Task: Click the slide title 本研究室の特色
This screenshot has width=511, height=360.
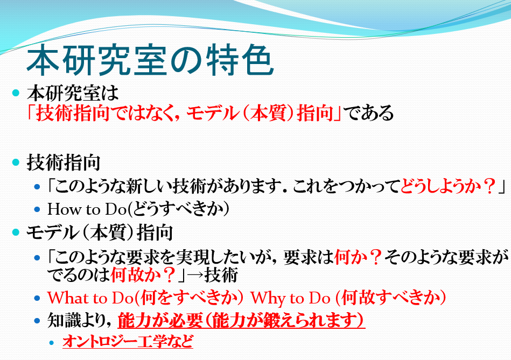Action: (150, 60)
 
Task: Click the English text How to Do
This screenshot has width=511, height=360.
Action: (87, 209)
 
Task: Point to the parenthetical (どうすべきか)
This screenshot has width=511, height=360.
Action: (178, 209)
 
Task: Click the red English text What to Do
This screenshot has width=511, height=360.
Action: (90, 298)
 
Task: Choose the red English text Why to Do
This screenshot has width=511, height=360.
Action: (290, 298)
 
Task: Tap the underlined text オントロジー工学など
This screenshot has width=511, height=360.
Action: (128, 341)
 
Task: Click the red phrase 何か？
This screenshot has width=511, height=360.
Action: (358, 257)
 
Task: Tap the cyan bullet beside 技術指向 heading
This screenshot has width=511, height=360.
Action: (16, 162)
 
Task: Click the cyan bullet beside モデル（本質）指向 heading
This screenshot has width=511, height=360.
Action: (16, 232)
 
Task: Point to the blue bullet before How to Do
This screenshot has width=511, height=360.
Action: (37, 209)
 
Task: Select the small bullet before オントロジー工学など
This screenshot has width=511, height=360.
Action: (52, 342)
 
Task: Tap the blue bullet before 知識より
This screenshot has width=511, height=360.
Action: (37, 321)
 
